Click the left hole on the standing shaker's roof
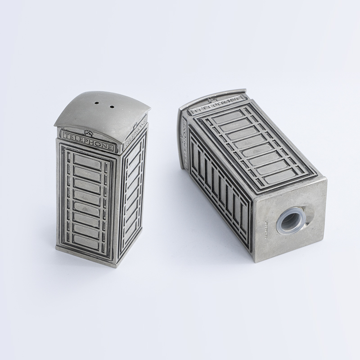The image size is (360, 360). pos(97,103)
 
